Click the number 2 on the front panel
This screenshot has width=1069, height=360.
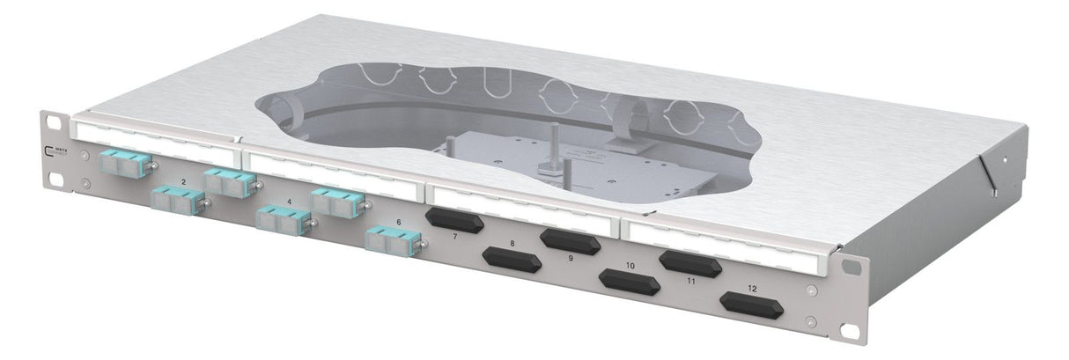point(183,181)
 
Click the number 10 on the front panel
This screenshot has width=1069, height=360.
point(630,265)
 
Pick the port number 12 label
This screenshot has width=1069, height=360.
point(751,288)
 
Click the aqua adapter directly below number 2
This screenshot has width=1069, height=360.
point(174,199)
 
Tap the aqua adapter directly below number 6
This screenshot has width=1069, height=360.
point(388,241)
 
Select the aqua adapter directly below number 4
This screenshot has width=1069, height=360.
point(281,219)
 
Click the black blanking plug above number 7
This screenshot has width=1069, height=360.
point(453,219)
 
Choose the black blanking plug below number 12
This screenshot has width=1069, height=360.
point(751,305)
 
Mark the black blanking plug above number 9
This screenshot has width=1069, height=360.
point(571,240)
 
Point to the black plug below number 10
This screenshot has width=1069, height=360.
point(629,283)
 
